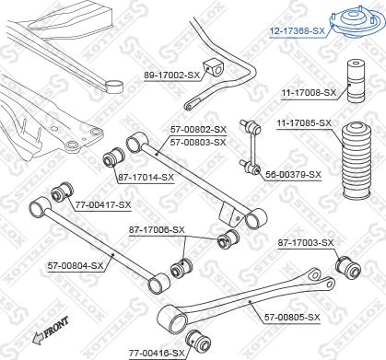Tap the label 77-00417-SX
point(102,204)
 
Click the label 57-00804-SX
point(76,265)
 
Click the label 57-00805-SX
point(292,317)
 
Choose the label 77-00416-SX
point(157,352)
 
